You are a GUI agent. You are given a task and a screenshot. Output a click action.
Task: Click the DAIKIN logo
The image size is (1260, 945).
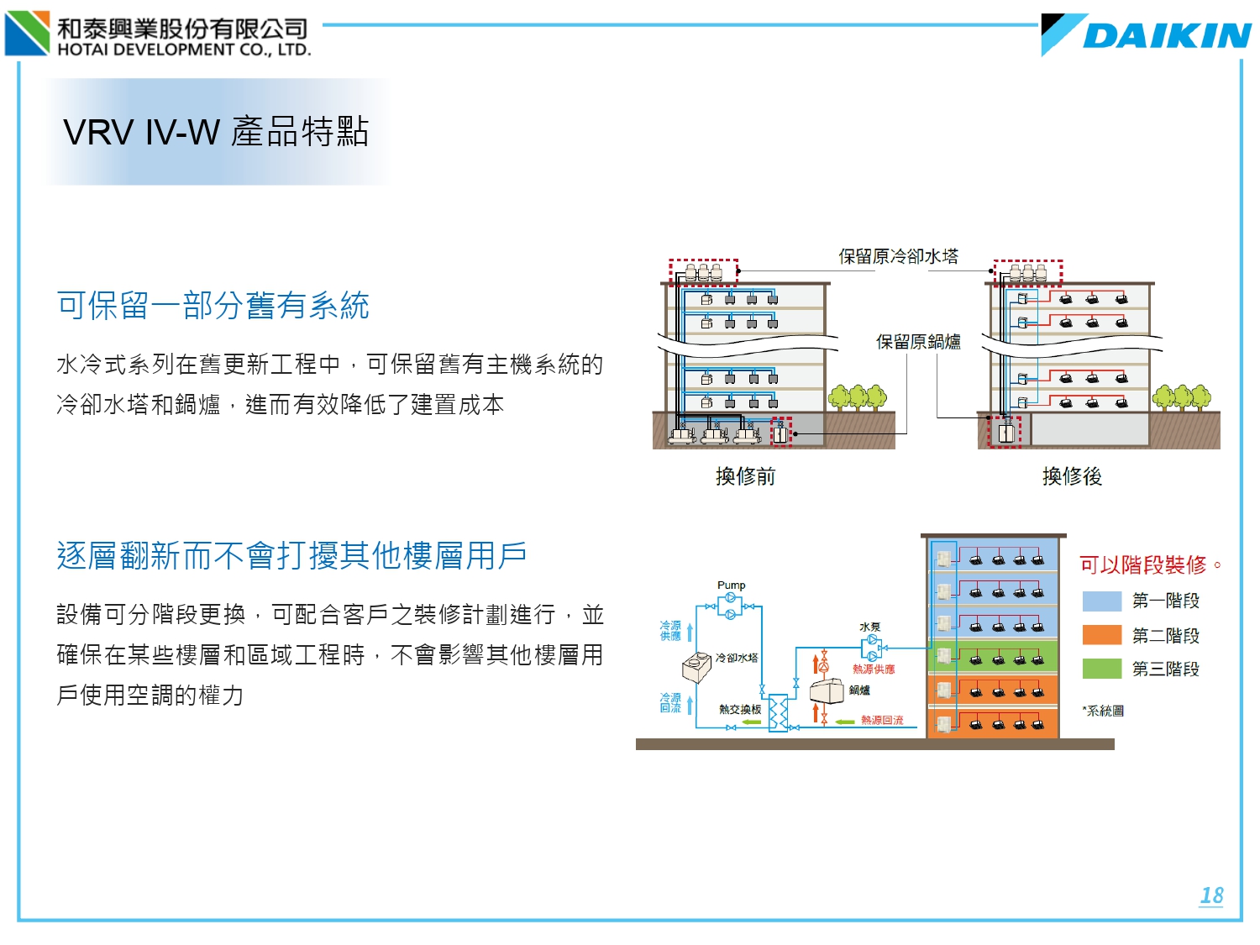point(1147,35)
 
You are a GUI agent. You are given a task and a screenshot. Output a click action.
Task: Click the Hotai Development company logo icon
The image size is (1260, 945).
point(28,33)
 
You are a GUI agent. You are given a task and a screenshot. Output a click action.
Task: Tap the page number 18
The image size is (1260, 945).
point(1211,895)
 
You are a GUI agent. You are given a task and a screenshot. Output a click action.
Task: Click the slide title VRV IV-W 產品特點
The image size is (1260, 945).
point(216,132)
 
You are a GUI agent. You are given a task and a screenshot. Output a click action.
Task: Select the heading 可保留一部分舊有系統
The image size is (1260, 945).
point(213,306)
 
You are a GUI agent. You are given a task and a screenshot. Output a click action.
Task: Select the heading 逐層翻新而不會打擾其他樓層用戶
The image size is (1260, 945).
point(291,555)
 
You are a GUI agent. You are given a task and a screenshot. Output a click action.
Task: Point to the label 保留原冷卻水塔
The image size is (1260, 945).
point(898,256)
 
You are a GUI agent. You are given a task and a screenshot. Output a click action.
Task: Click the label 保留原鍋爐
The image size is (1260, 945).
point(918,342)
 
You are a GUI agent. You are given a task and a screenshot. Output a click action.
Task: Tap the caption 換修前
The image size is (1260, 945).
point(745,476)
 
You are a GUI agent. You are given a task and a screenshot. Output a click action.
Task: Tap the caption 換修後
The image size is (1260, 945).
point(1072,476)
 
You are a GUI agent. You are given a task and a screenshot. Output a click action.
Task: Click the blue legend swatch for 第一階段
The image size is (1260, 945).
point(1102,601)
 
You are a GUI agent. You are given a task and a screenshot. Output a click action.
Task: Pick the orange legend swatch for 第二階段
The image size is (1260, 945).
point(1102,635)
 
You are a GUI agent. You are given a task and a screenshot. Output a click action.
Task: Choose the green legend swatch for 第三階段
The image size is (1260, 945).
point(1102,669)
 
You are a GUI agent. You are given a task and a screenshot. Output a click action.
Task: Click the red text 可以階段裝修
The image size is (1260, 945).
point(1143,564)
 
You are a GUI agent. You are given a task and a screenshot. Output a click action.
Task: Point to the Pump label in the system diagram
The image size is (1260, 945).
point(731,585)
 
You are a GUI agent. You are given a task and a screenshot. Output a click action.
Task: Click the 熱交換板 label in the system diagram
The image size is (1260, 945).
point(740,710)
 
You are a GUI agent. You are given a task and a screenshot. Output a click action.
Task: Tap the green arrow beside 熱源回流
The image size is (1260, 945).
point(844,721)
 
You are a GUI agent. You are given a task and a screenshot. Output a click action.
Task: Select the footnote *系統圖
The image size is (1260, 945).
point(1104,711)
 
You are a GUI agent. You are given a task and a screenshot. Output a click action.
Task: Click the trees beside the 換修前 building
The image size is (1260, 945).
point(858,396)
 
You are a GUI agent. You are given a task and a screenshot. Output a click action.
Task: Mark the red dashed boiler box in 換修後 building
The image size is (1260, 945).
point(1005,432)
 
